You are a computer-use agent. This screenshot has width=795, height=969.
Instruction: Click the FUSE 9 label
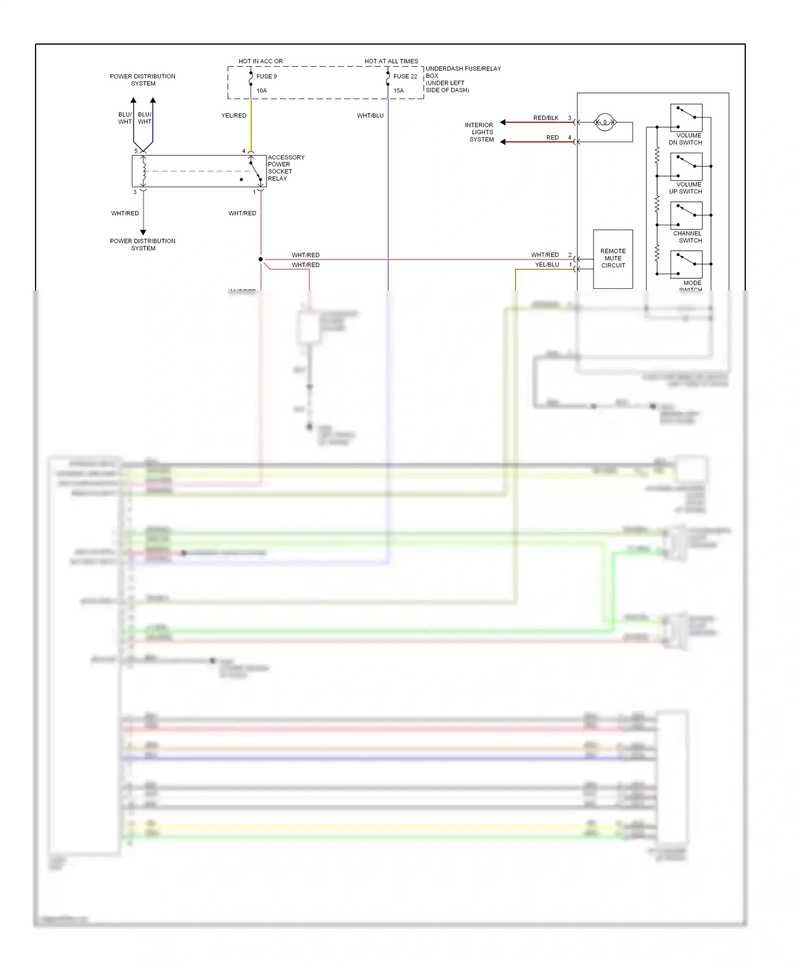click(267, 76)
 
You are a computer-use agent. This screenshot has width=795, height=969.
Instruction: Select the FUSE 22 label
click(405, 76)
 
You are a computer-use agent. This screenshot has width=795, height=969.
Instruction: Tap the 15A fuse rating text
click(399, 91)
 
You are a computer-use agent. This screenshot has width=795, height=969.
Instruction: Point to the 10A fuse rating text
click(262, 91)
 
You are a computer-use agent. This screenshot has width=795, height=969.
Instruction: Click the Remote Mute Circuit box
click(613, 259)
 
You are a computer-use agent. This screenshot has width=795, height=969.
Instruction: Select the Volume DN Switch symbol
click(686, 118)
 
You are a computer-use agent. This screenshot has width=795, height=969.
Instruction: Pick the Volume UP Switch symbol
click(686, 166)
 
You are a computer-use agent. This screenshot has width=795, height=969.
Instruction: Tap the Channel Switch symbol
click(686, 215)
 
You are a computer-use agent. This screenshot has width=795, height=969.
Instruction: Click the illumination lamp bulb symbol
click(605, 122)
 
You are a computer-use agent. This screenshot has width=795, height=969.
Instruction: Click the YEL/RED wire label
click(234, 116)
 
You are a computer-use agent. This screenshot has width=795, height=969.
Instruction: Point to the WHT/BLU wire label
click(370, 116)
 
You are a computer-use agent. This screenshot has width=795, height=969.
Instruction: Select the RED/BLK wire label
click(546, 118)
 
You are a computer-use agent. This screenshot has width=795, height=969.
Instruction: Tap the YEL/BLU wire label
click(547, 265)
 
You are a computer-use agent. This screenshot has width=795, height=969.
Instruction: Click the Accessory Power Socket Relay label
click(286, 168)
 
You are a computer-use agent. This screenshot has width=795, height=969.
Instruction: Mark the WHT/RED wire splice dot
click(261, 259)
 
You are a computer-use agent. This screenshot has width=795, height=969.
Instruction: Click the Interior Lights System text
click(480, 133)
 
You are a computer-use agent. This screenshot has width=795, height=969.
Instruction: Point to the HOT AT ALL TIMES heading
click(391, 61)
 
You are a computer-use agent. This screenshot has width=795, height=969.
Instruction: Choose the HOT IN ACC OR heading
click(260, 61)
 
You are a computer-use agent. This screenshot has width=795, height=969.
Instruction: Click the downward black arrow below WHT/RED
click(143, 232)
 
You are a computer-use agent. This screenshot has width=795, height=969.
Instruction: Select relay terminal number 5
click(136, 151)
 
